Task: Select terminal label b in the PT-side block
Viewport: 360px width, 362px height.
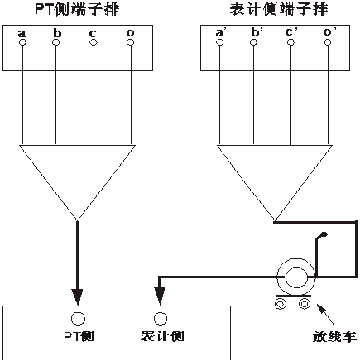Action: tap(56, 33)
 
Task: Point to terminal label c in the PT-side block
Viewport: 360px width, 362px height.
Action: tap(93, 33)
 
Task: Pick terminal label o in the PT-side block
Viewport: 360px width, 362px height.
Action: tap(130, 33)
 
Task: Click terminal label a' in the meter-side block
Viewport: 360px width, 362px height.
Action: tap(221, 33)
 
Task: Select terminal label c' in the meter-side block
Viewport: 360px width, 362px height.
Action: tap(291, 33)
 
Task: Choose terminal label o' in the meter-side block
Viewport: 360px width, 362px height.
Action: tap(329, 33)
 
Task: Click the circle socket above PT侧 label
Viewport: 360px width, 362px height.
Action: tap(78, 318)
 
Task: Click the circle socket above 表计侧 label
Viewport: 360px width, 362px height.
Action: tap(160, 318)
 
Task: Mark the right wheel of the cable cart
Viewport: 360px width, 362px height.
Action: tap(305, 304)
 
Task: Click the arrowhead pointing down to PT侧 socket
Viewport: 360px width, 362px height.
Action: tap(78, 295)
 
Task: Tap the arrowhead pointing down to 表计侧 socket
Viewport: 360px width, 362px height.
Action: tap(160, 295)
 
